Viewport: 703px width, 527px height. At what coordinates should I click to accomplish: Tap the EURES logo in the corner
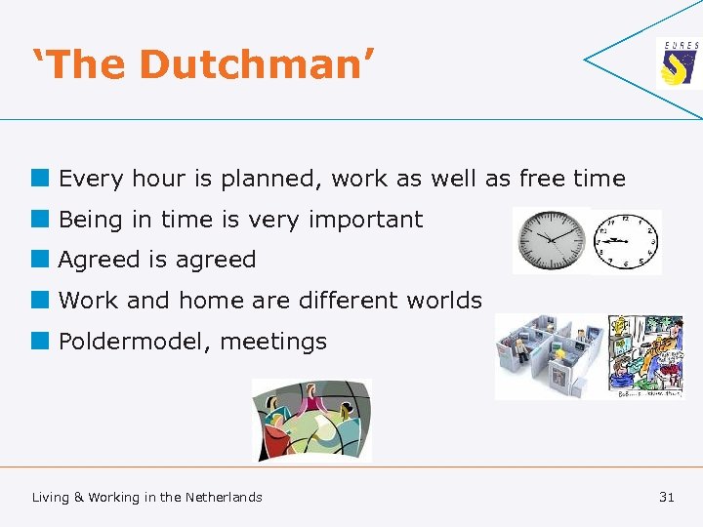pos(678,64)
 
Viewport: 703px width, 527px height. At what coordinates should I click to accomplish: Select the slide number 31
pos(667,497)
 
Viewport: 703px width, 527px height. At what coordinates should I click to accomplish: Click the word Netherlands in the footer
pos(224,497)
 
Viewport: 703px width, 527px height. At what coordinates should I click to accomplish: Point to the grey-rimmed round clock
pos(552,240)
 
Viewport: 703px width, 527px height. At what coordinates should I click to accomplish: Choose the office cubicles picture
pos(550,355)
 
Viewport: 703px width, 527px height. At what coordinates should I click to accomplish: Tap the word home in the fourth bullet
pos(211,301)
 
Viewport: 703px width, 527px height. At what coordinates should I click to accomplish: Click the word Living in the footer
pos(51,497)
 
